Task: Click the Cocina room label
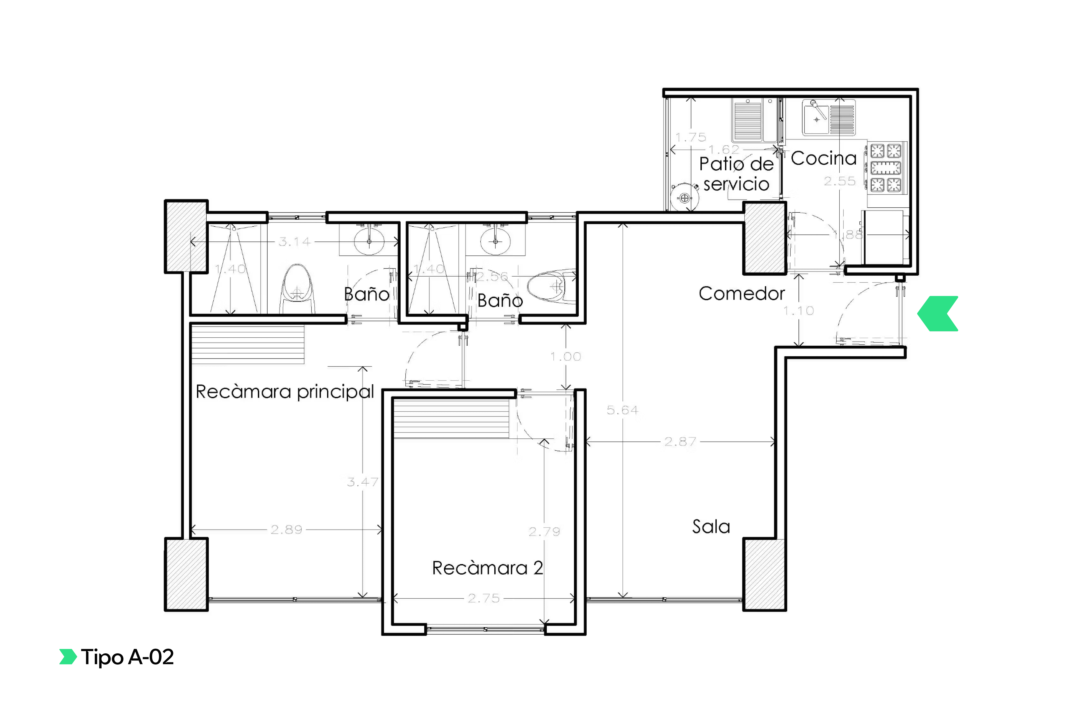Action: pyautogui.click(x=823, y=158)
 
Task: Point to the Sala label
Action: pyautogui.click(x=711, y=527)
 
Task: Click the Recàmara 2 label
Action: pyautogui.click(x=487, y=568)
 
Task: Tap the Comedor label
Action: pyautogui.click(x=741, y=293)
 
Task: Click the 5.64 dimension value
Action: pyautogui.click(x=622, y=410)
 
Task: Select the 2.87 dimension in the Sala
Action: pyautogui.click(x=680, y=442)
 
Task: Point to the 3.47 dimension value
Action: pyautogui.click(x=363, y=482)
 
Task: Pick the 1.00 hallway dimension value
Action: pyautogui.click(x=565, y=356)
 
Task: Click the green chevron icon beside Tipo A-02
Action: pyautogui.click(x=68, y=657)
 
